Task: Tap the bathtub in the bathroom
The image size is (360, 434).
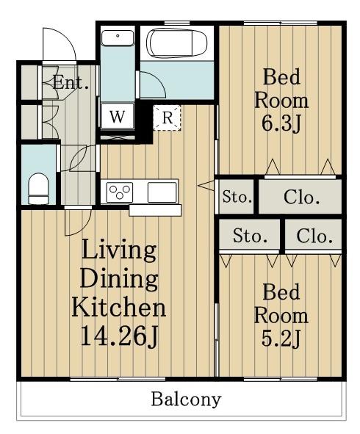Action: coord(176,43)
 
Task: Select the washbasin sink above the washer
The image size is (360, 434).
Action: coord(118,37)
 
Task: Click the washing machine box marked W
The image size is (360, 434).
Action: coord(118,116)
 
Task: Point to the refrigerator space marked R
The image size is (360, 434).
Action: coord(167,117)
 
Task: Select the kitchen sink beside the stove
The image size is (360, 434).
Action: coord(162,192)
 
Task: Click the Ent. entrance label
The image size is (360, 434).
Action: coord(71,82)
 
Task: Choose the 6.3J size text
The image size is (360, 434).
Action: coord(281,123)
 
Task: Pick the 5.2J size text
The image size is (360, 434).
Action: coord(281,339)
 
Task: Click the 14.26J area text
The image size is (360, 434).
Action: coord(120,336)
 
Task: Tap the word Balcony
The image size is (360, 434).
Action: coord(186,399)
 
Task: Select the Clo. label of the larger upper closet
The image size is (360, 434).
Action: coord(301,198)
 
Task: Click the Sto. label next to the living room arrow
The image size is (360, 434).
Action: coord(237,197)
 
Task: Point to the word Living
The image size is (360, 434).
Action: coord(119,250)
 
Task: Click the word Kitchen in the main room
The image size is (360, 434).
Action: coord(119,306)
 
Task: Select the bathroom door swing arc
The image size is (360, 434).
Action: coord(159,80)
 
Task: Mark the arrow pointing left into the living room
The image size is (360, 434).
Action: coord(206,185)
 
